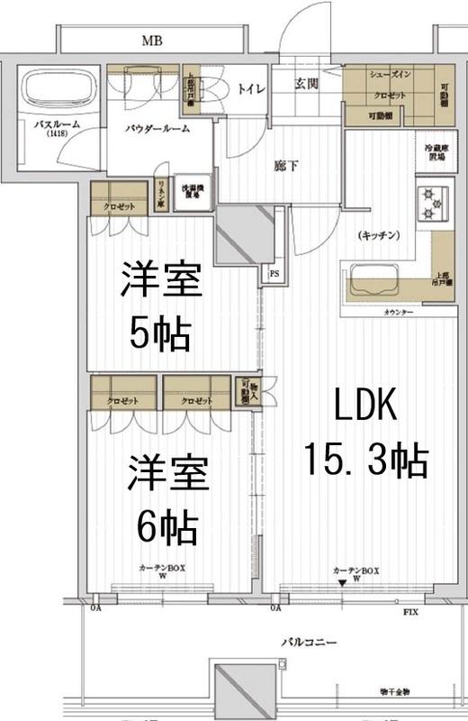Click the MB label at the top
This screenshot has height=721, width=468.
tap(150, 41)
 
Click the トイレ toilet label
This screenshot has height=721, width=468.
tap(251, 89)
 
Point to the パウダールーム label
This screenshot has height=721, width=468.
tap(157, 129)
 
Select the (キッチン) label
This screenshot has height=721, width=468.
tap(378, 234)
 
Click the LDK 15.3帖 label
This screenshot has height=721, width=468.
tap(364, 433)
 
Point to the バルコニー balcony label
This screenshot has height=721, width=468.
tap(308, 643)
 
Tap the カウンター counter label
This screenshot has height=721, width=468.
tap(398, 312)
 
